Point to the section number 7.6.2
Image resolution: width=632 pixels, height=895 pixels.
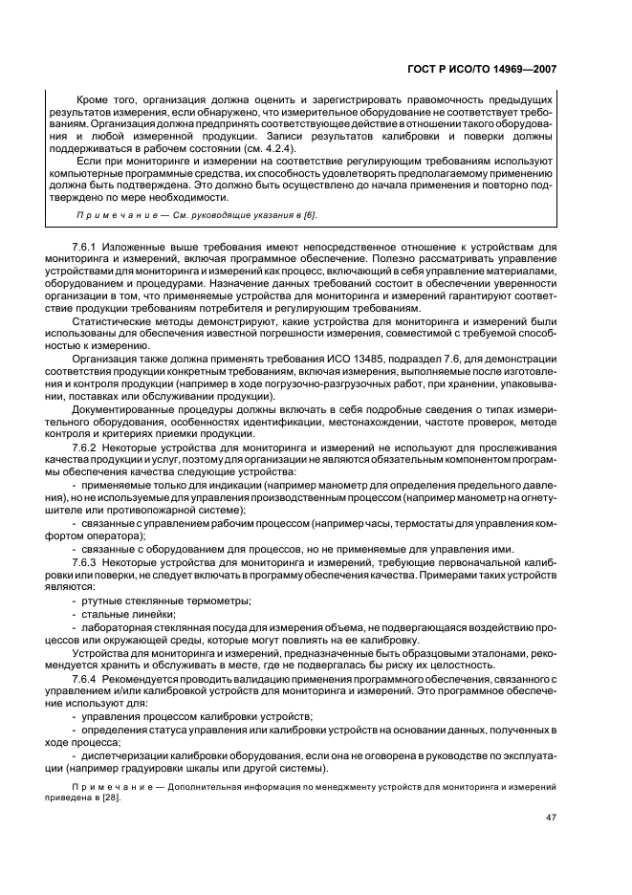click(85, 446)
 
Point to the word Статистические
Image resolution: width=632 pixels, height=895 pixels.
click(107, 325)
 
